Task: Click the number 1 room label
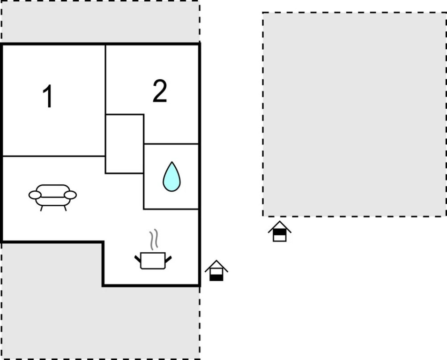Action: click(47, 97)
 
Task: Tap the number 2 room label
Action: click(160, 91)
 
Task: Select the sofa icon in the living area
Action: click(52, 195)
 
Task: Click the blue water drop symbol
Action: click(171, 177)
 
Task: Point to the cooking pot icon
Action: click(153, 260)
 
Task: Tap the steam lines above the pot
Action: click(154, 240)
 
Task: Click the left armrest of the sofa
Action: click(35, 195)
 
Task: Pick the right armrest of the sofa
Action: click(70, 195)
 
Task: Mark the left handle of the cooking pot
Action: click(138, 258)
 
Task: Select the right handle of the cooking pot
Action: click(168, 258)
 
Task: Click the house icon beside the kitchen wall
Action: click(216, 270)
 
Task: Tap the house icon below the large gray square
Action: click(279, 231)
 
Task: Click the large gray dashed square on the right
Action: click(354, 114)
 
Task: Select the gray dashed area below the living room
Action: click(52, 300)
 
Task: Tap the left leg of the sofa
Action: click(41, 208)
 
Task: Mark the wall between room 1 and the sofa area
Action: click(54, 156)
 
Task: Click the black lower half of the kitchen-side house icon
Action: click(216, 277)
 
